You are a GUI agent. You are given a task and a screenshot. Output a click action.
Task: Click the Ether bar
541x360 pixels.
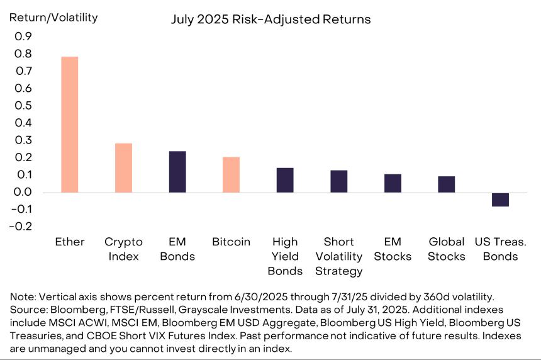tap(69, 125)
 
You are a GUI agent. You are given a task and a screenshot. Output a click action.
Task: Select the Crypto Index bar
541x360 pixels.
tap(123, 168)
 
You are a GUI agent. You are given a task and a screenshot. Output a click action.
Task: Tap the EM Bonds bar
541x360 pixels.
tap(177, 172)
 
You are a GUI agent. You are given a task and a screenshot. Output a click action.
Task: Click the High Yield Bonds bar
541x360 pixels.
tap(285, 180)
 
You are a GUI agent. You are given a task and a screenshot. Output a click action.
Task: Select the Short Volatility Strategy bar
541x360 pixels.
tap(339, 181)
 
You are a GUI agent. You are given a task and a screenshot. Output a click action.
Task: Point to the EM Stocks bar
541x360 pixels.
tap(393, 183)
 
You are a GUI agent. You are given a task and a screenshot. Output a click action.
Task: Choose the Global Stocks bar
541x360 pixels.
tap(447, 184)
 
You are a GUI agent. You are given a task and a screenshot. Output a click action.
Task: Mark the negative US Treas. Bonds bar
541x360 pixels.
tap(500, 200)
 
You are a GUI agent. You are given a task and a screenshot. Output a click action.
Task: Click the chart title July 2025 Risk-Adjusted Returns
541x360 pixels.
tap(270, 20)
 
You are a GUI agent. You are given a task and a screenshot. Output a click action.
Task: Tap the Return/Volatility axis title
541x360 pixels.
tap(53, 17)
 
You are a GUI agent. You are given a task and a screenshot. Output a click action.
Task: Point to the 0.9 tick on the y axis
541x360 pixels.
tap(23, 37)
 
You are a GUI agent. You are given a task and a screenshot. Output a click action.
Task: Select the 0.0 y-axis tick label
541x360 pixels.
tap(23, 192)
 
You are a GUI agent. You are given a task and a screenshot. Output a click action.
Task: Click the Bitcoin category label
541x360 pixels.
tap(231, 242)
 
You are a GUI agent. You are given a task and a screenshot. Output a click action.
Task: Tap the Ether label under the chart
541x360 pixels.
tap(69, 242)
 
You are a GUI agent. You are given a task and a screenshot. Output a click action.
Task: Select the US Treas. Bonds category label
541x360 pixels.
tap(500, 249)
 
